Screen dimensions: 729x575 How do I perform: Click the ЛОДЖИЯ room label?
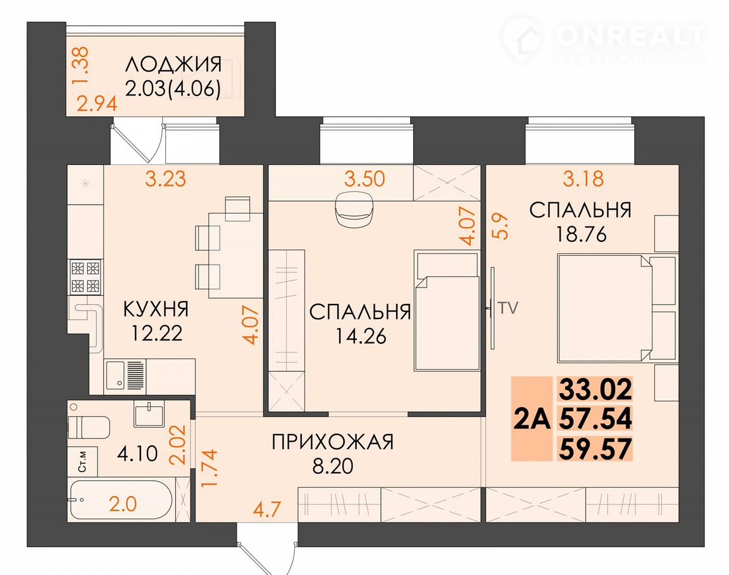click(173, 64)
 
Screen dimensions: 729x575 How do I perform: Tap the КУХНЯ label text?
click(156, 309)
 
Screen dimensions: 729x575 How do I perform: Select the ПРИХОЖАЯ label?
click(332, 442)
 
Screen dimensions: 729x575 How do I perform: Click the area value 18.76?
click(582, 234)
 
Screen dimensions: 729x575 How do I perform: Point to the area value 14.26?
click(361, 336)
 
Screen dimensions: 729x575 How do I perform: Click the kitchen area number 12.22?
click(157, 333)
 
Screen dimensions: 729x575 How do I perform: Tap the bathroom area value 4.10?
click(137, 454)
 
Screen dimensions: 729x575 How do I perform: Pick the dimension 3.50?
click(364, 179)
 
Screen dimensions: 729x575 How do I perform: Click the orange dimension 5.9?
click(501, 226)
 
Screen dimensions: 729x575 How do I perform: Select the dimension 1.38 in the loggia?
click(82, 66)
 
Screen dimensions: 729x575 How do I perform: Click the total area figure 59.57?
click(595, 449)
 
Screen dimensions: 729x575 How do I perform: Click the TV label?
click(508, 308)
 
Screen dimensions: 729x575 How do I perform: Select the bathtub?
click(121, 500)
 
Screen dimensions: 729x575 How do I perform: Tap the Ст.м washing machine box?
click(83, 461)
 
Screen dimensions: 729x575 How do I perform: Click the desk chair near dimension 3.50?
click(354, 209)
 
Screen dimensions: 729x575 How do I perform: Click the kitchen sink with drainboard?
click(125, 376)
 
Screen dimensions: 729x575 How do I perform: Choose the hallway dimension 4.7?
click(267, 509)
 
